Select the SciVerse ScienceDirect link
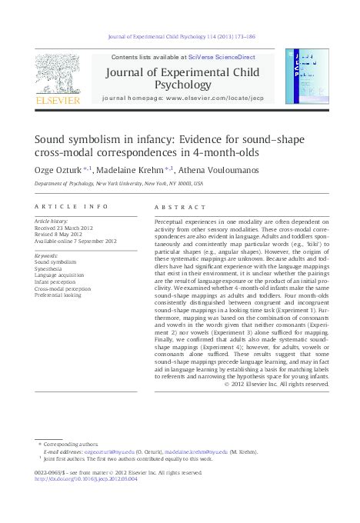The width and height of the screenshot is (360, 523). (x=214, y=57)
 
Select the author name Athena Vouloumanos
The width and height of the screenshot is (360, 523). (x=218, y=169)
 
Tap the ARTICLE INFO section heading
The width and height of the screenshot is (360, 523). (x=72, y=207)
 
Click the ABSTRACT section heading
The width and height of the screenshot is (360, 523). (x=180, y=207)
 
